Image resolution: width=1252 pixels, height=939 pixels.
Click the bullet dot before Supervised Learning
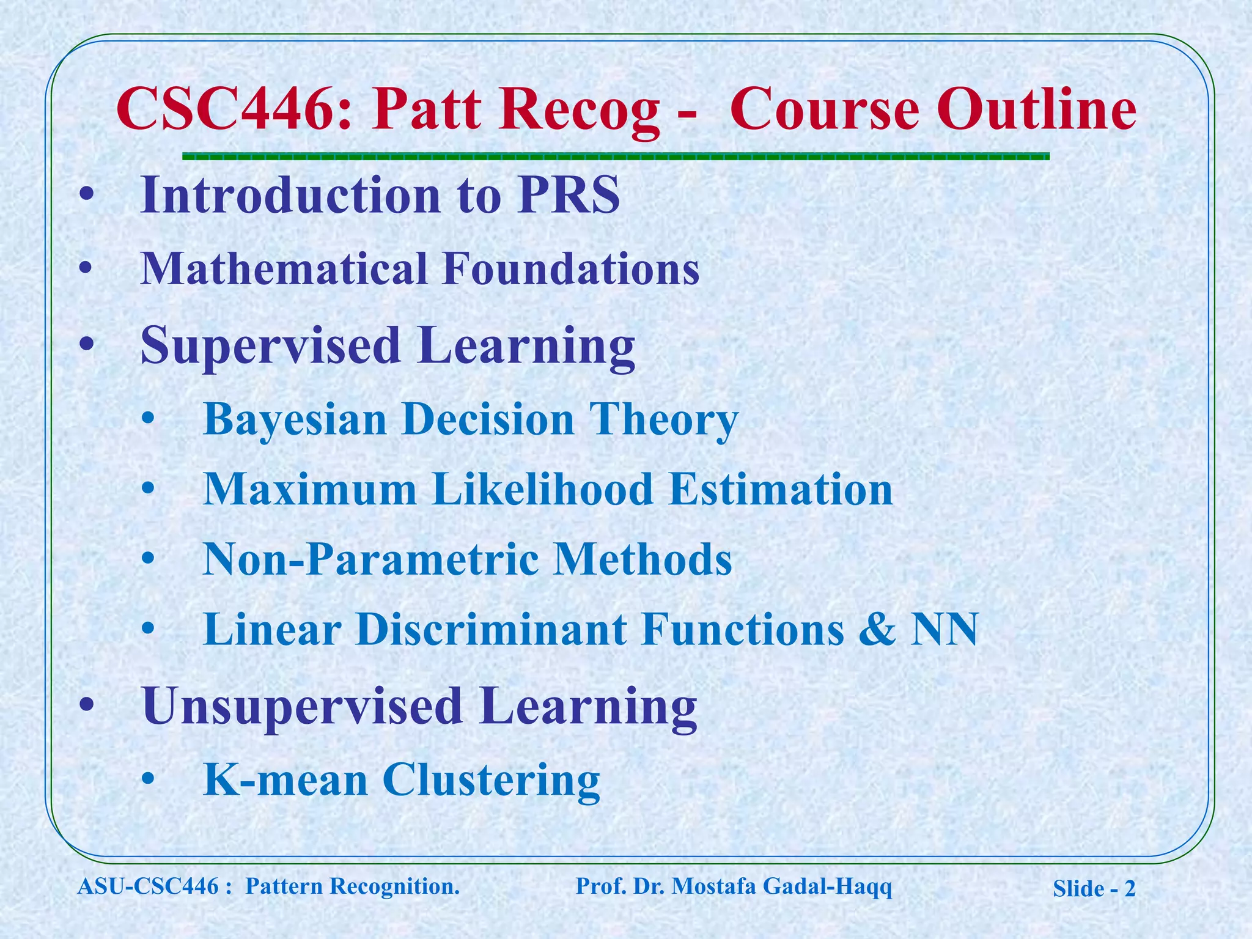coord(87,346)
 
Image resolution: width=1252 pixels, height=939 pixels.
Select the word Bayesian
coord(295,421)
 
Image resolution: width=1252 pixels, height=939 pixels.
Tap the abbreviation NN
coord(945,630)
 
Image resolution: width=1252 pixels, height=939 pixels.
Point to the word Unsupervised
coord(302,707)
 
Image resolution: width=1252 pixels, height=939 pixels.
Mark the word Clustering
coord(492,781)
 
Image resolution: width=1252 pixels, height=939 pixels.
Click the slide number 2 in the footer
coord(1130,889)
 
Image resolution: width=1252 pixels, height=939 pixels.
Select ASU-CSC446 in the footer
coord(147,886)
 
